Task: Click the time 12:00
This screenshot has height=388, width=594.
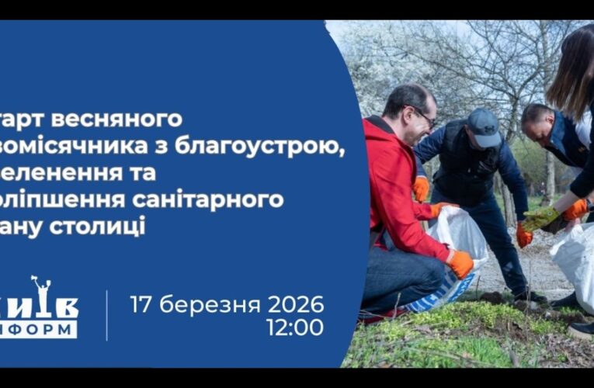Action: point(294,327)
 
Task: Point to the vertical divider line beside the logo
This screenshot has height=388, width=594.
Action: point(106,315)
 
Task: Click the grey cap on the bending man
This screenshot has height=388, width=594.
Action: point(484,126)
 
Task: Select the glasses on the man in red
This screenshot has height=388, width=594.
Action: point(424,116)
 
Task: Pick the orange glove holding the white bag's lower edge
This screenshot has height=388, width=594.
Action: point(461,263)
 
